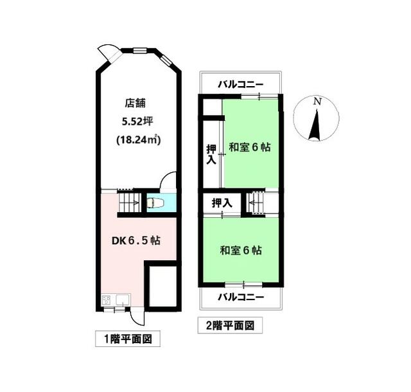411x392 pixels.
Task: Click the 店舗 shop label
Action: (x=135, y=103)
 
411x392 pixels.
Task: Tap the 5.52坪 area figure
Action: (x=137, y=121)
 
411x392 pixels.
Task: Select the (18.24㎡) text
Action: (x=139, y=139)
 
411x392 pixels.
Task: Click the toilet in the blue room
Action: (x=155, y=202)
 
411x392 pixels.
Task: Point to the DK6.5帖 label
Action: (x=136, y=240)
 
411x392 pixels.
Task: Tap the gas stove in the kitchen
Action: (x=106, y=299)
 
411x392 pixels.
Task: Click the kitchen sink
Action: (x=123, y=299)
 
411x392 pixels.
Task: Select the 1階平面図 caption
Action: (x=128, y=339)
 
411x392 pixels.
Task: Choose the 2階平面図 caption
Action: (x=230, y=326)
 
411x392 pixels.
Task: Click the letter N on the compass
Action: (x=317, y=102)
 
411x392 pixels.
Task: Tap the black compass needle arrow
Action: (x=315, y=126)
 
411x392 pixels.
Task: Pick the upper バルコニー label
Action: (x=241, y=84)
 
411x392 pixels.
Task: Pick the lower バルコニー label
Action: (x=241, y=297)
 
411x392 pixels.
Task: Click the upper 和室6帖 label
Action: (x=250, y=147)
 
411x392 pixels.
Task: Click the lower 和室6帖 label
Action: (x=241, y=251)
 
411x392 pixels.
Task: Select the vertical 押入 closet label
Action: (x=211, y=154)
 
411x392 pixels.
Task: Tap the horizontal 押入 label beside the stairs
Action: (x=222, y=203)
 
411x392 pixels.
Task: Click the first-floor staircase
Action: (x=129, y=202)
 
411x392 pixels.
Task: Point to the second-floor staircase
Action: (x=257, y=202)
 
